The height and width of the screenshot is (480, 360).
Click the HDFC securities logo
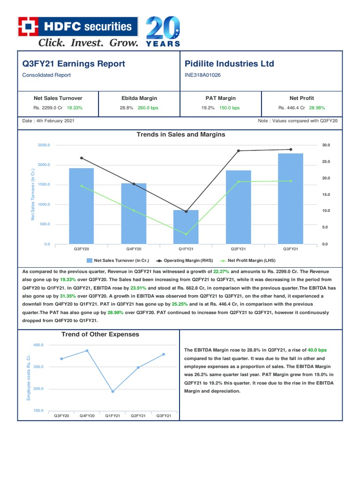coord(78,27)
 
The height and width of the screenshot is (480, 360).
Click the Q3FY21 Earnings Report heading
coord(74,64)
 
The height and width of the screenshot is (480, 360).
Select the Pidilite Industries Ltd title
coord(230,64)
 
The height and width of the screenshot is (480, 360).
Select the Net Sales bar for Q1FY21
coord(186,227)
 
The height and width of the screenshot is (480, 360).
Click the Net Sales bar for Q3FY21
coord(291,198)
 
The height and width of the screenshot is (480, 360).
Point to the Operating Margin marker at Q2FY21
coord(238,150)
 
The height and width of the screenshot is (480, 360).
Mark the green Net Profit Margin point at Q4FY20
coord(134,210)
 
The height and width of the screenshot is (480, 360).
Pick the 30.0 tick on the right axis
coord(326,145)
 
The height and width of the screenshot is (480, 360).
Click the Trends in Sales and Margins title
coord(180,135)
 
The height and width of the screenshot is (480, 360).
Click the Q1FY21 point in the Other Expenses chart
coord(112,391)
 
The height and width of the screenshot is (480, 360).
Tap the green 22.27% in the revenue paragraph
coord(221,271)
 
